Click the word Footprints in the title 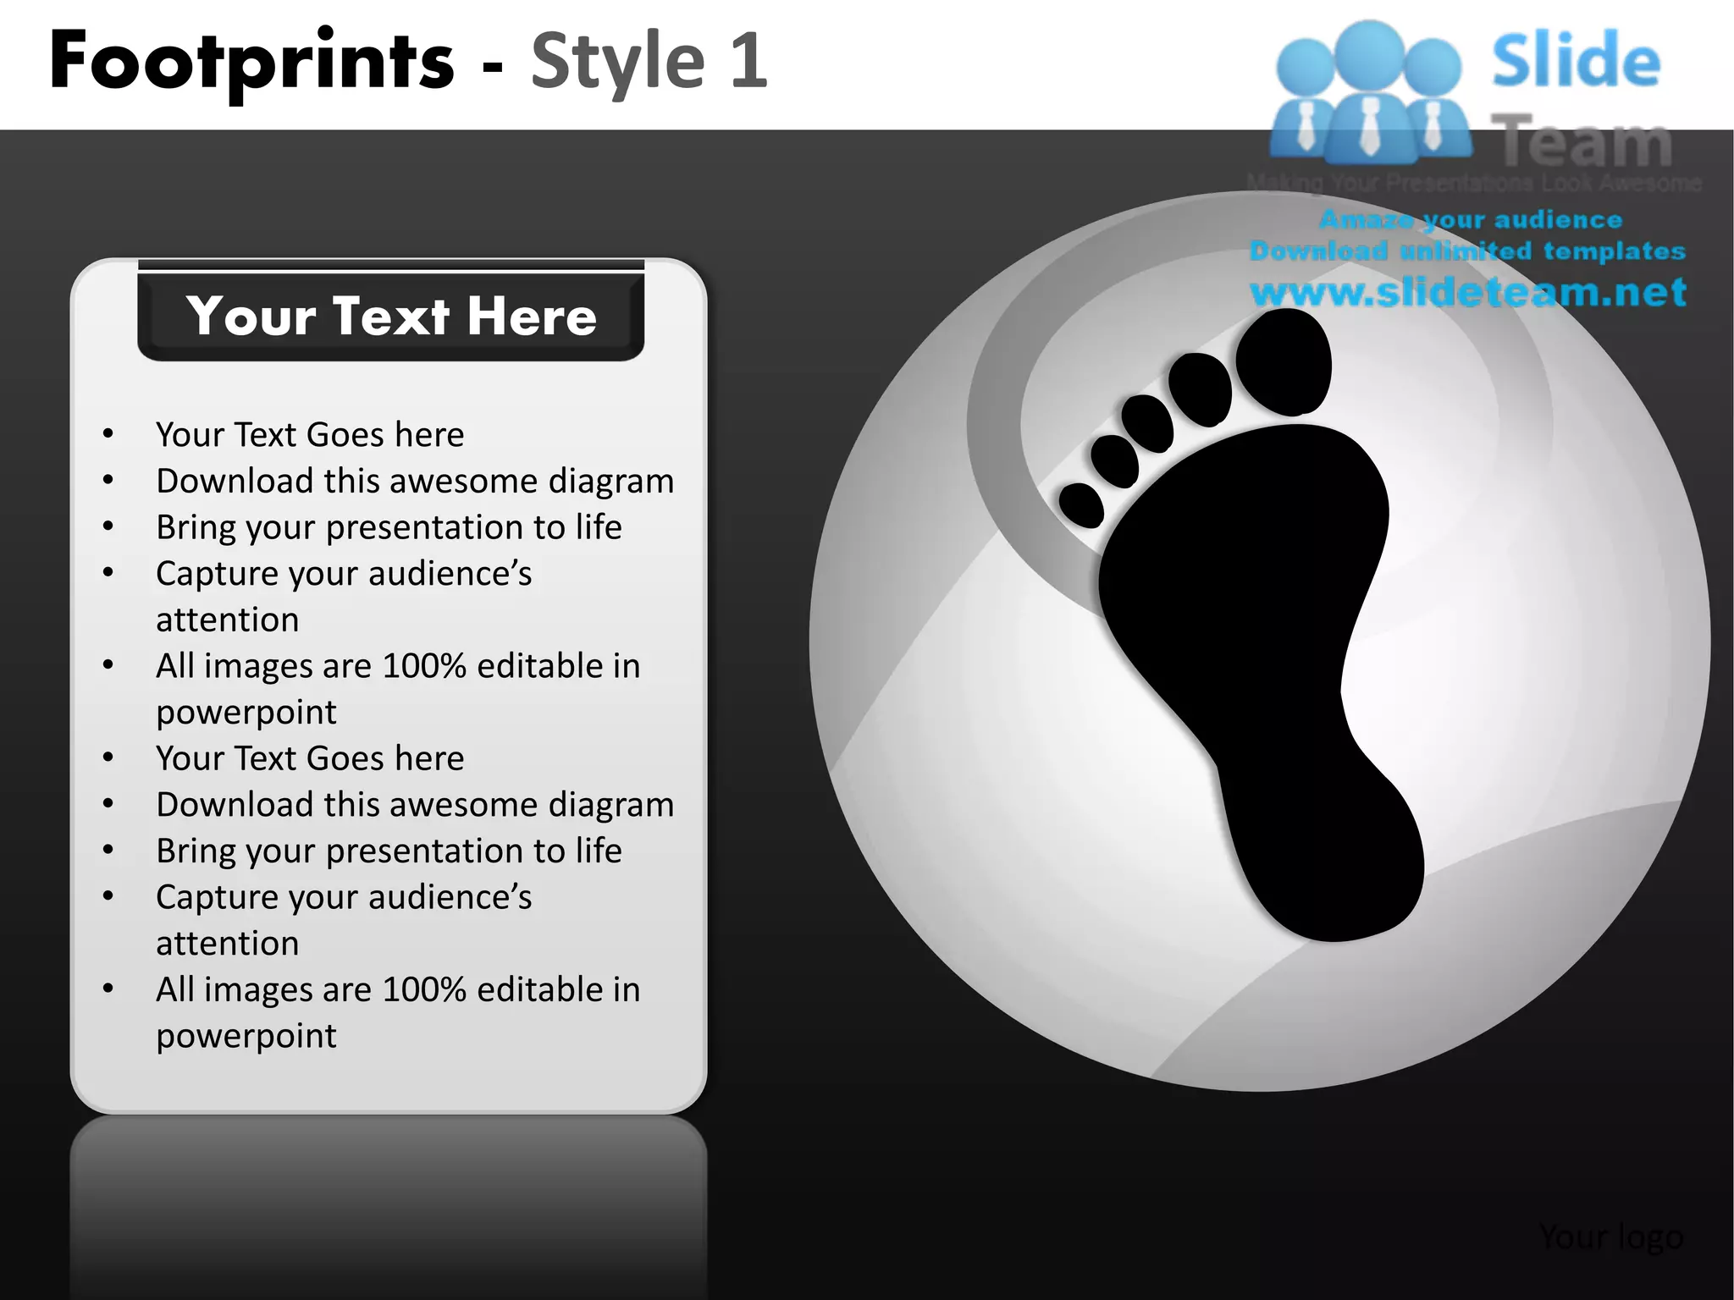[x=251, y=61]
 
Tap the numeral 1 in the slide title [x=748, y=61]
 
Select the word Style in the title [x=617, y=61]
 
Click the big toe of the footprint [x=1284, y=362]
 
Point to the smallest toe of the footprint [x=1081, y=504]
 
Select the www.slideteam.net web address [x=1467, y=292]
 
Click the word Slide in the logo [x=1576, y=61]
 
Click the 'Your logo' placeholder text [x=1610, y=1237]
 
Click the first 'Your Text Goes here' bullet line [x=310, y=435]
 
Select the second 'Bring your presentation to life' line [x=389, y=851]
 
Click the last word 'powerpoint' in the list [x=246, y=1036]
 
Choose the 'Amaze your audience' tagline [x=1471, y=220]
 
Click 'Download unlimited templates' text [x=1467, y=251]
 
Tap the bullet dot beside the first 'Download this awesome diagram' [x=108, y=481]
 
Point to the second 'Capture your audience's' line [x=344, y=897]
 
